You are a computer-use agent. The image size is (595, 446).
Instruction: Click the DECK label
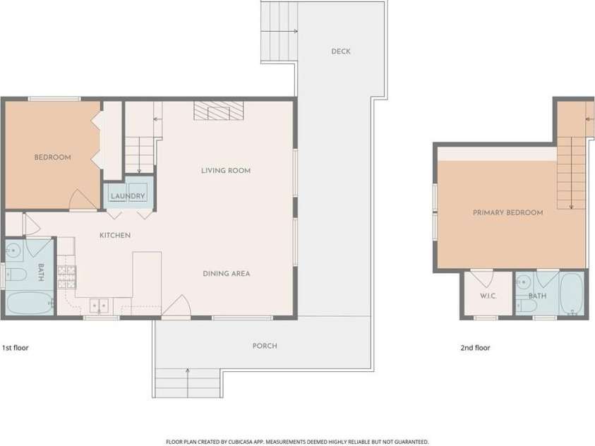click(x=341, y=52)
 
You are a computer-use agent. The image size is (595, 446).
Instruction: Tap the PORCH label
click(x=265, y=346)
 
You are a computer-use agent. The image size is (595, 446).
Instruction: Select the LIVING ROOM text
click(x=226, y=171)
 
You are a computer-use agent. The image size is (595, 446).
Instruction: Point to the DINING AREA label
click(x=226, y=273)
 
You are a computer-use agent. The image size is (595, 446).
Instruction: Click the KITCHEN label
click(x=115, y=235)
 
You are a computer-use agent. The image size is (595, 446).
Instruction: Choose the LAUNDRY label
click(x=128, y=196)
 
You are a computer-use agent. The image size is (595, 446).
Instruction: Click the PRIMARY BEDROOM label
click(x=507, y=212)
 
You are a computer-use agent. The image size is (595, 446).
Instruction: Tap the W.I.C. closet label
click(x=488, y=296)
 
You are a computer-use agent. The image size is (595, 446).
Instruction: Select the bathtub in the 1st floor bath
click(x=30, y=303)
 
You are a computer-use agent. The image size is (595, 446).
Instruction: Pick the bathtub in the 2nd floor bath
click(x=572, y=293)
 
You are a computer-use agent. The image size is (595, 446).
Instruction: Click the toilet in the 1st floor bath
click(x=16, y=275)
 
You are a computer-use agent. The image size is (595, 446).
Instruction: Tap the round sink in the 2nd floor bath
click(x=524, y=282)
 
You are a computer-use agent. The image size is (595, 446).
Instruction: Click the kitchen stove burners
click(x=67, y=277)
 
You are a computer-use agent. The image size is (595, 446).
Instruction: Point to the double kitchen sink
click(x=99, y=306)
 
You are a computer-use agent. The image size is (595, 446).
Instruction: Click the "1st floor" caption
click(x=16, y=347)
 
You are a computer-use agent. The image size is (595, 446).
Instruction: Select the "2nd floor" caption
click(x=475, y=347)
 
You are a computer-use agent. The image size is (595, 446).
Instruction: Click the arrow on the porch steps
click(x=188, y=382)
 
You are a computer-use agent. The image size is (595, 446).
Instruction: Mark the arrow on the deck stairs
click(x=279, y=32)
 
